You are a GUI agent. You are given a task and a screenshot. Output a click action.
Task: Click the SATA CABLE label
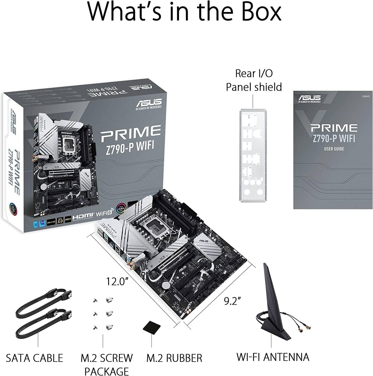34,358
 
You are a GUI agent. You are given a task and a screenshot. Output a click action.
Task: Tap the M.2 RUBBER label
174,358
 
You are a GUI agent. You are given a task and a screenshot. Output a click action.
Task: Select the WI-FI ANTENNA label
273,357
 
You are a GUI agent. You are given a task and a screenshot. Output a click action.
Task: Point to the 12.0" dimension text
115,281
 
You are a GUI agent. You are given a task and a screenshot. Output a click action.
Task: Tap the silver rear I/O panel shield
253,155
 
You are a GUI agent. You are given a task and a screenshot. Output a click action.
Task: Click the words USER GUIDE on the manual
334,149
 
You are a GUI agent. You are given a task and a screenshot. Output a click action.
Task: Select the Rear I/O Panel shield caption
254,80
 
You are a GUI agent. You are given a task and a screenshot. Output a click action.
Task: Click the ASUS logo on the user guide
309,99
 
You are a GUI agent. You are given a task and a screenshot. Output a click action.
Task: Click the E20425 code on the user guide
366,96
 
